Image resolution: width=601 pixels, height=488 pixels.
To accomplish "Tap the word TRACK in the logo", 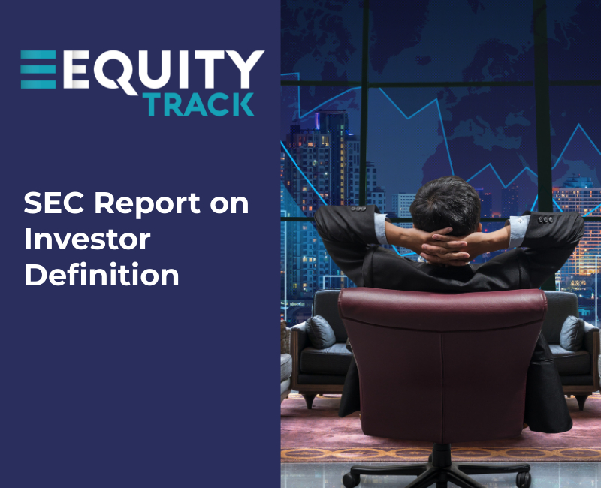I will pyautogui.click(x=200, y=104).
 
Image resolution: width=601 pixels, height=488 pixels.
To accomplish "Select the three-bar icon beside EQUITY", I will pyautogui.click(x=38, y=69).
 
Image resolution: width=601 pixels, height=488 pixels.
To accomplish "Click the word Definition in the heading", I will pyautogui.click(x=101, y=275).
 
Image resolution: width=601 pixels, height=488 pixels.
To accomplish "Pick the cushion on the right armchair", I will pyautogui.click(x=572, y=333).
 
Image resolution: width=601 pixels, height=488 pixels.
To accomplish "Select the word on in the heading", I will pyautogui.click(x=228, y=204).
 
